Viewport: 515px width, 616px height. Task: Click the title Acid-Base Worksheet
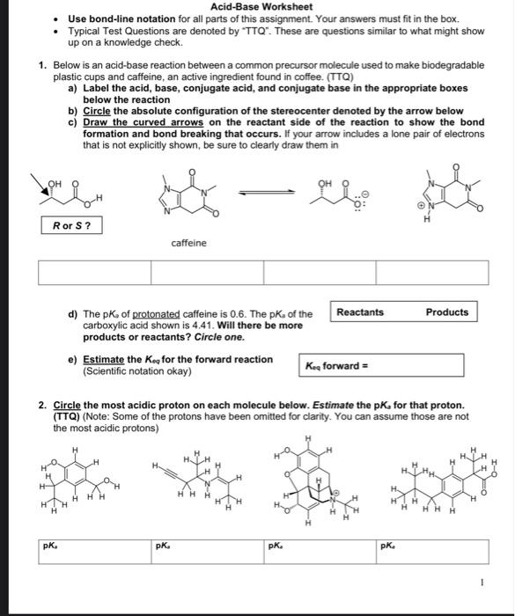[257, 6]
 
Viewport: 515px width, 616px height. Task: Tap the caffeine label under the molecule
[188, 243]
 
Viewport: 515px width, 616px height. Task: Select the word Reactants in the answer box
[361, 312]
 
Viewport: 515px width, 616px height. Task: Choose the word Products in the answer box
[447, 312]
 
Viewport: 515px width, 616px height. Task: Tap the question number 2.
[41, 406]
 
